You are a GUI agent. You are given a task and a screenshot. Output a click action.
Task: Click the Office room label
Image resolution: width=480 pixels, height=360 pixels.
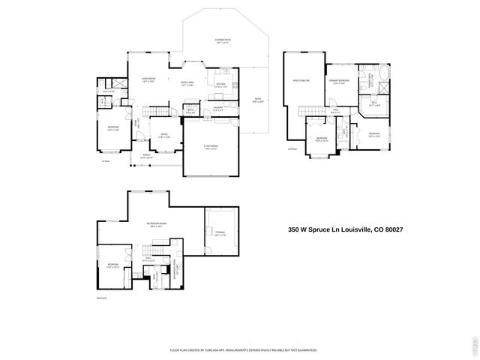click(x=163, y=136)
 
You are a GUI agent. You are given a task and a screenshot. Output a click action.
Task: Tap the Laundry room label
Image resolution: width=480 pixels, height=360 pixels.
click(x=217, y=109)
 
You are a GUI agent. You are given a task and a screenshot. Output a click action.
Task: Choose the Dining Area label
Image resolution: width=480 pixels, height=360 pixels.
click(x=187, y=83)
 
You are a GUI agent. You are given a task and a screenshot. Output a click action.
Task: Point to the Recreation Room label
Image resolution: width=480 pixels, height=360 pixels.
click(x=156, y=224)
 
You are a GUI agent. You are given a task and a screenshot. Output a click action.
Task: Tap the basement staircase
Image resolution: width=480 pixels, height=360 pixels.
click(x=158, y=250)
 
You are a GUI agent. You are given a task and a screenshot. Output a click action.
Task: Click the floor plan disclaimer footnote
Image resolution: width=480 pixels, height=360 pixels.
click(x=243, y=349)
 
